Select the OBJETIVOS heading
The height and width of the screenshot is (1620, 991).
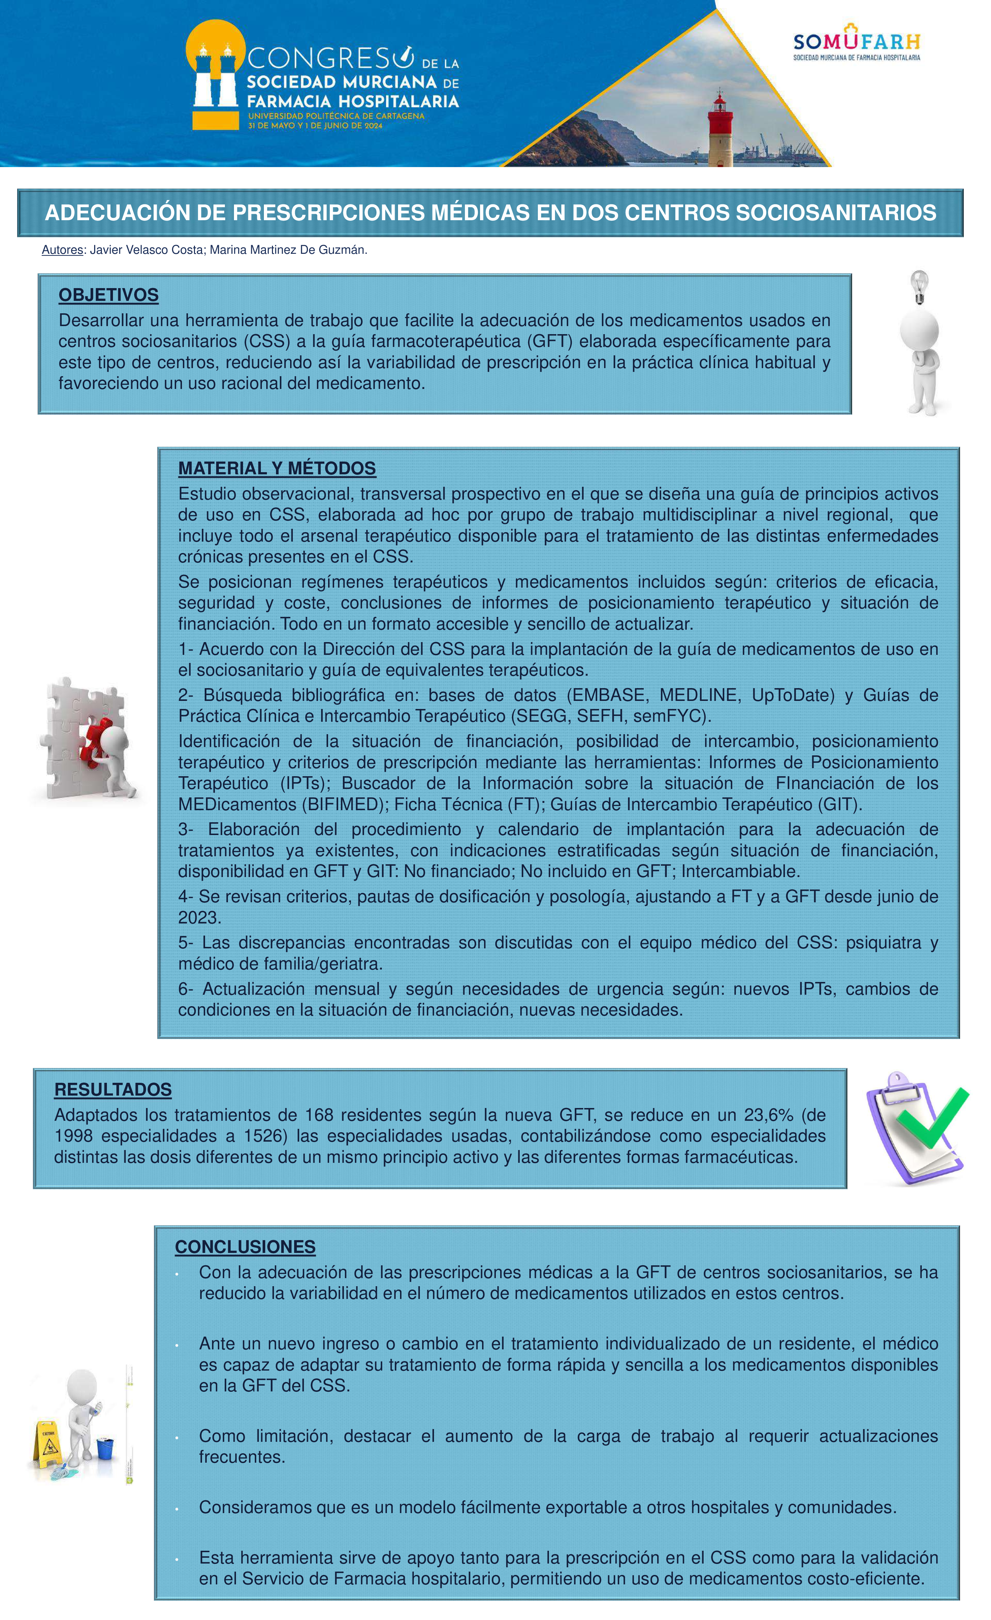(109, 295)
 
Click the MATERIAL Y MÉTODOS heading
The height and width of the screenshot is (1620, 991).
(277, 468)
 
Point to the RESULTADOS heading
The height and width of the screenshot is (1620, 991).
(113, 1090)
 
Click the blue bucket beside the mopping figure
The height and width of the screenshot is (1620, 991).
(105, 1449)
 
